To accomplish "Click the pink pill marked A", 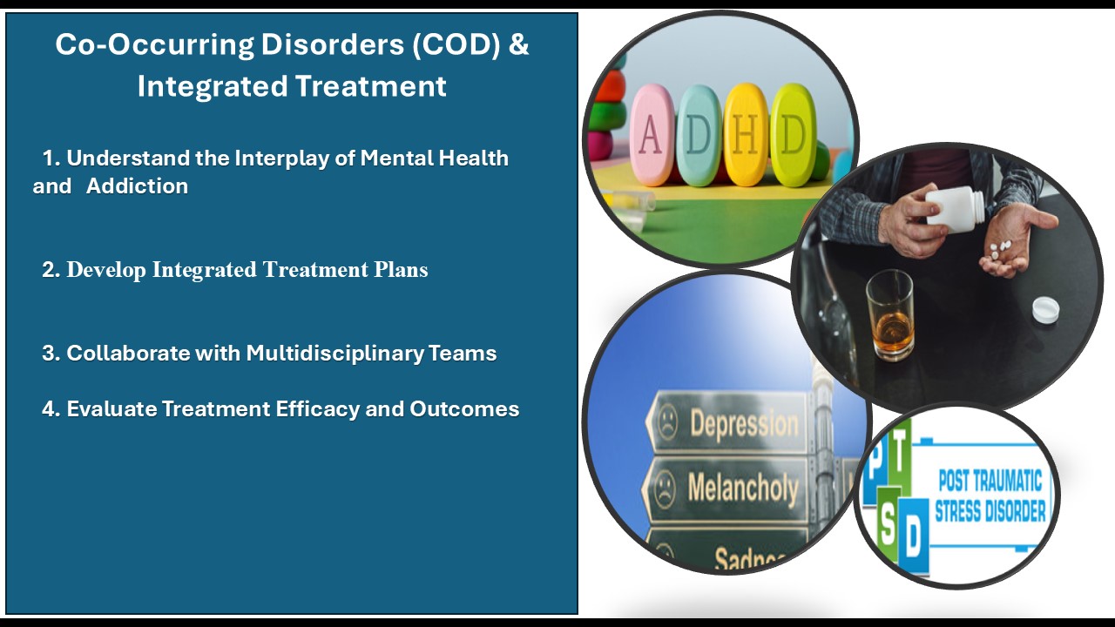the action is pyautogui.click(x=652, y=135).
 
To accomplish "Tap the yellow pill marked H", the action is pyautogui.click(x=745, y=135).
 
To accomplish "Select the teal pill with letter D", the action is pyautogui.click(x=699, y=135).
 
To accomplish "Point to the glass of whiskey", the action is pyautogui.click(x=890, y=314).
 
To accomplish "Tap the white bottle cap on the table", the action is pyautogui.click(x=1044, y=308).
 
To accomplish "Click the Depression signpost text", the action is pyautogui.click(x=744, y=424).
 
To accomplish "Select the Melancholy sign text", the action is pyautogui.click(x=743, y=489).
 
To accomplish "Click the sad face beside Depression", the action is pyautogui.click(x=667, y=421).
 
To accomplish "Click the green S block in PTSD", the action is pyautogui.click(x=888, y=523).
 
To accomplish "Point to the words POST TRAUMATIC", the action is pyautogui.click(x=990, y=481).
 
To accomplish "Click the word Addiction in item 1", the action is pyautogui.click(x=137, y=186).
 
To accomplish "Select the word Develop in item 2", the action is pyautogui.click(x=106, y=270).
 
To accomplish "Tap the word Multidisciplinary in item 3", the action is pyautogui.click(x=335, y=354).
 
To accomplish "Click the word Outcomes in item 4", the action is pyautogui.click(x=464, y=409).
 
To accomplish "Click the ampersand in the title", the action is pyautogui.click(x=518, y=44).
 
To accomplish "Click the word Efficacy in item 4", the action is pyautogui.click(x=318, y=409).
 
